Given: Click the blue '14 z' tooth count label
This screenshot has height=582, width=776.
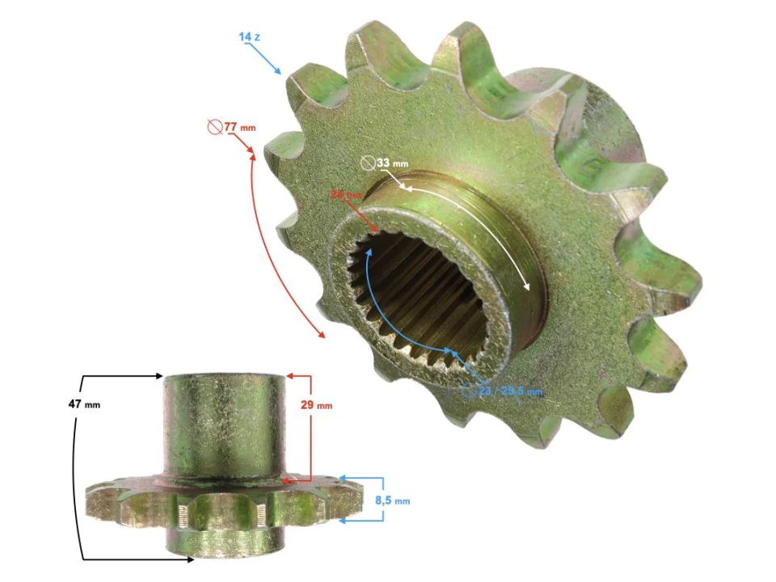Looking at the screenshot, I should click(x=249, y=37).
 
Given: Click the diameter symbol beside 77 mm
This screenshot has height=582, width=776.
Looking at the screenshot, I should click(x=214, y=128).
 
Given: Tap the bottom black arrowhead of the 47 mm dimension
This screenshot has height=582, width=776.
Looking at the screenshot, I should click(x=161, y=558).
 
